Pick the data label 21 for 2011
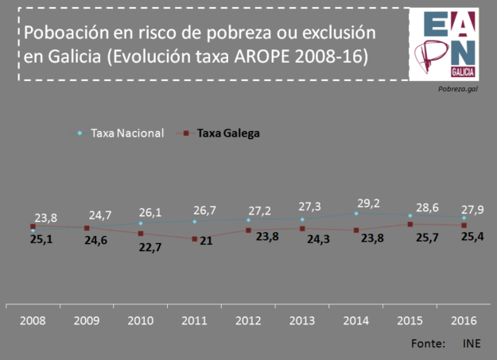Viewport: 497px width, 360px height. coord(205,241)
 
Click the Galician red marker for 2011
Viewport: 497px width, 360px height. coord(194,238)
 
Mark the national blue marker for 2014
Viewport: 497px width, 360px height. coord(355,213)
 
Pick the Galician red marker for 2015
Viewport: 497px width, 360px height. coord(410,224)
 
